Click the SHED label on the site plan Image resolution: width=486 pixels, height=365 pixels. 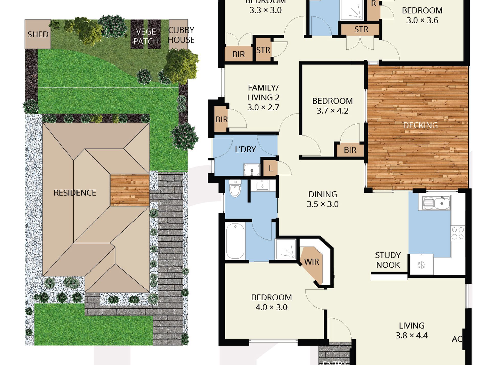38,34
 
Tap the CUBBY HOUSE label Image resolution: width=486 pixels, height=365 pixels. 181,35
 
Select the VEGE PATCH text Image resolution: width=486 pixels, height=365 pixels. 146,36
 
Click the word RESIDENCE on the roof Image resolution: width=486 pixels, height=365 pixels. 75,193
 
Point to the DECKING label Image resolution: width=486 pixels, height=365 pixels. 420,125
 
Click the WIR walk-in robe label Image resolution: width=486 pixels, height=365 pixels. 312,262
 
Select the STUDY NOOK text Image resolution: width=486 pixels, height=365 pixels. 388,260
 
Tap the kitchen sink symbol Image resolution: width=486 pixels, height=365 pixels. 435,203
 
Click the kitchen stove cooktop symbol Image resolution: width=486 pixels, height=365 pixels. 458,233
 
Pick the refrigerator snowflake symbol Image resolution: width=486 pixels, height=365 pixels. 421,265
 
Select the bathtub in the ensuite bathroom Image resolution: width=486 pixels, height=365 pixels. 235,241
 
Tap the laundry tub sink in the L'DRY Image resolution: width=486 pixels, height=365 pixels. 252,170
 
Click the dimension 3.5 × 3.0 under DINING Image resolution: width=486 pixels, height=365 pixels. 323,204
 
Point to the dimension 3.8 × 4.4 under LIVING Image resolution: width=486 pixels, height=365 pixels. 411,335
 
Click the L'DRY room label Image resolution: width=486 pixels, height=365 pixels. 245,149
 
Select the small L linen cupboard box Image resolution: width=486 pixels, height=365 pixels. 270,168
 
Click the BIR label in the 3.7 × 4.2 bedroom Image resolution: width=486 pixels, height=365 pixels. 350,150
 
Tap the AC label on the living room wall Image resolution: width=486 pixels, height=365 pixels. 457,339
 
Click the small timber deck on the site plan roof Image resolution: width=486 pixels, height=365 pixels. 130,190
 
